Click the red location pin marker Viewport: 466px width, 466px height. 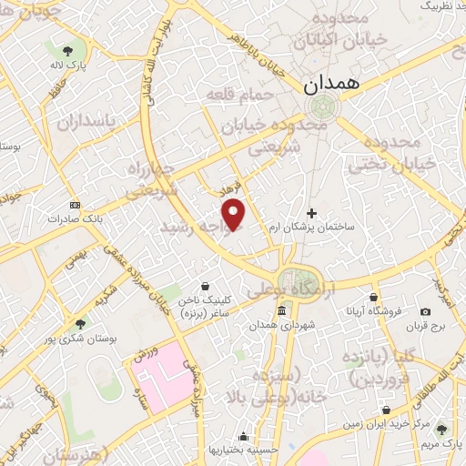pyautogui.click(x=235, y=214)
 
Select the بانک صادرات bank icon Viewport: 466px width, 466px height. pyautogui.click(x=74, y=205)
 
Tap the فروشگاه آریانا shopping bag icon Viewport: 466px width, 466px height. pyautogui.click(x=374, y=298)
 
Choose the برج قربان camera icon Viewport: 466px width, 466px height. pyautogui.click(x=425, y=312)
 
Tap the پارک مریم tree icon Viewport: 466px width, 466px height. pyautogui.click(x=442, y=429)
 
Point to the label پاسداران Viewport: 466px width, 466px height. pyautogui.click(x=87, y=122)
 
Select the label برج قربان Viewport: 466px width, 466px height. pyautogui.click(x=425, y=326)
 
